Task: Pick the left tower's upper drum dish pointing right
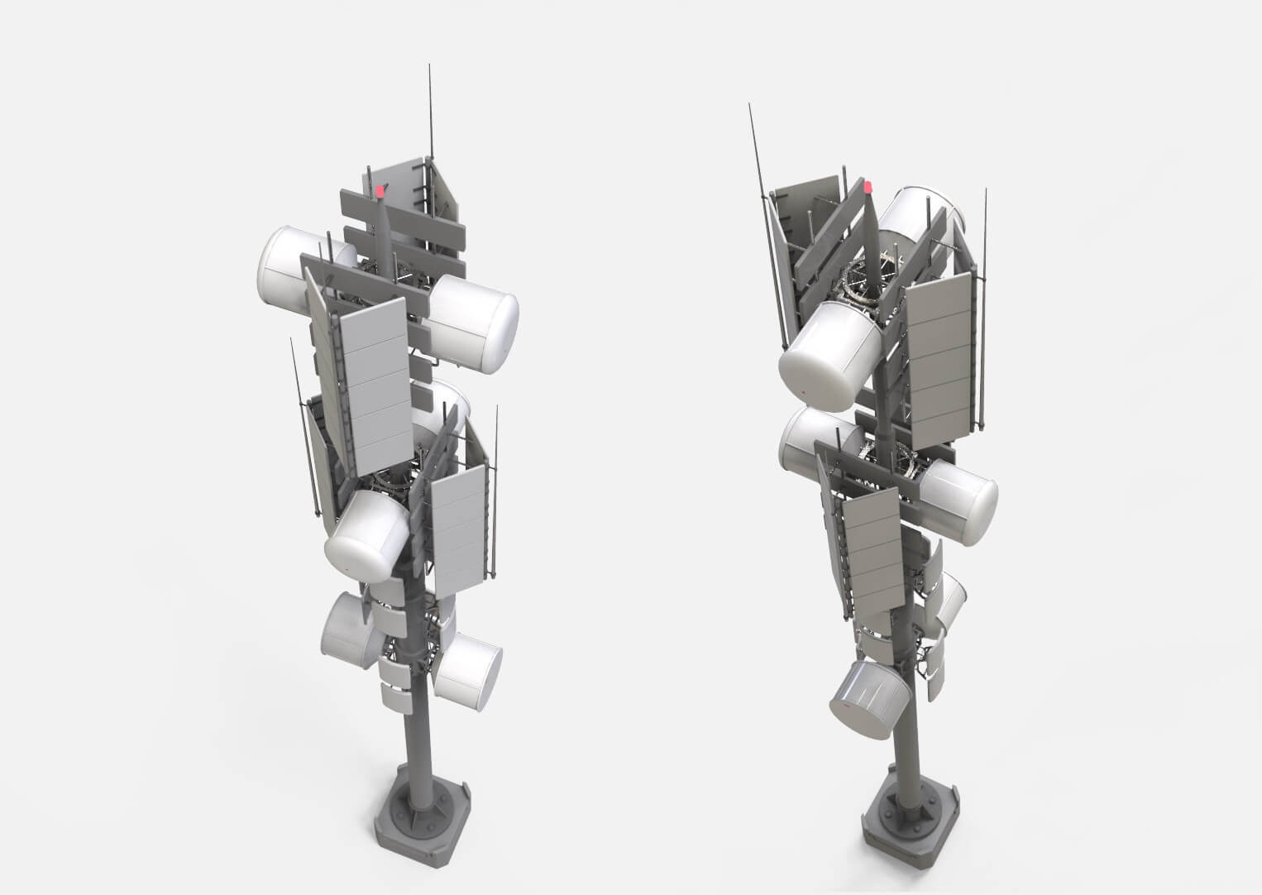coord(476,322)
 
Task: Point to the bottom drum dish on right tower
coord(868,698)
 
